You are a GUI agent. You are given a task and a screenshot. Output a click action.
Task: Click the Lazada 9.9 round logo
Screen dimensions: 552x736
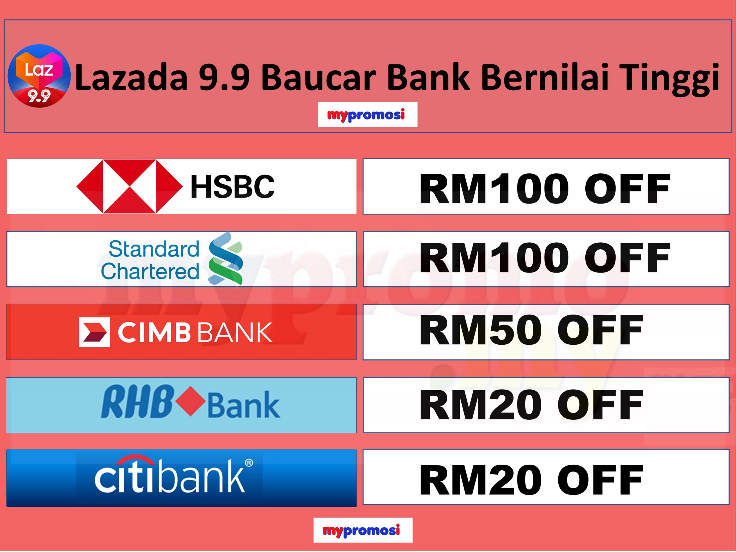coord(39,76)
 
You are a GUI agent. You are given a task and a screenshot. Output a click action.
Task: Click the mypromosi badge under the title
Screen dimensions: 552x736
coord(367,114)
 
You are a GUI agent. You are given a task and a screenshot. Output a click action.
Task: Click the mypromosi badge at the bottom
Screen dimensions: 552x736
coord(363,530)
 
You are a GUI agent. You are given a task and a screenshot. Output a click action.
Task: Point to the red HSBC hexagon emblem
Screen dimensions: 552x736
coord(129,186)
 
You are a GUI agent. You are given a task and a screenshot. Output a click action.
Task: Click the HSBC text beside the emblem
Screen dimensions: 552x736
coord(232,187)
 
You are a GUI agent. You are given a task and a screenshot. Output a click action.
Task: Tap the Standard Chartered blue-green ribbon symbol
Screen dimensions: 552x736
coord(226,258)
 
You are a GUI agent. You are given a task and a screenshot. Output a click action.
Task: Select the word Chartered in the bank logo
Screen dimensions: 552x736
coord(150,271)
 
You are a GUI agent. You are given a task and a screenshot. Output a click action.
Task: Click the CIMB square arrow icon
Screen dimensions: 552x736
coord(94,332)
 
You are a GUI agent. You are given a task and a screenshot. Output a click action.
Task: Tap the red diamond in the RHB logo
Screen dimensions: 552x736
coord(190,401)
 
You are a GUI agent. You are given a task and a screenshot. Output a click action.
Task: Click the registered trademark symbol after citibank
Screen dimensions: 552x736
coord(249,463)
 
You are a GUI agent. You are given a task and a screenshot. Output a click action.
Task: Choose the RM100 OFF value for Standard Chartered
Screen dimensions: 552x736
coord(544,258)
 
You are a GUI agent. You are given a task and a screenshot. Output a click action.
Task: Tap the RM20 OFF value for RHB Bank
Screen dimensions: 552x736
coord(531,405)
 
